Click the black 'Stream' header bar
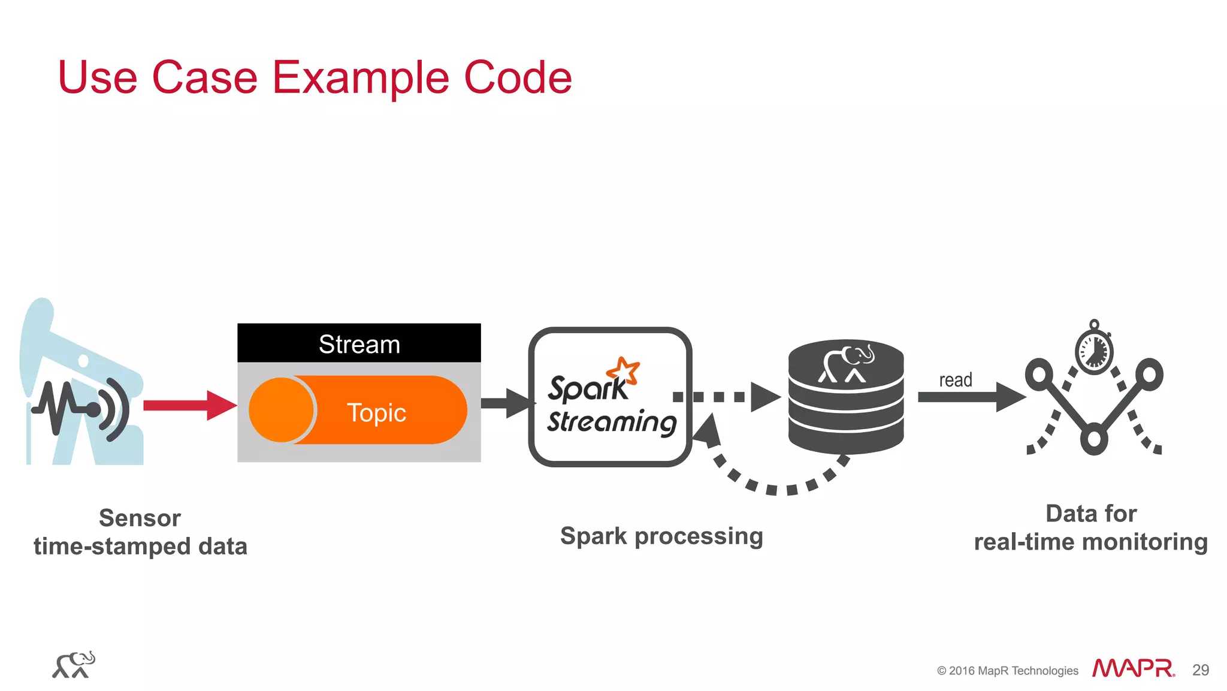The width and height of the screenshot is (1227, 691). coord(359,344)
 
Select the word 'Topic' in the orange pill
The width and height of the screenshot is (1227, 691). coord(376,413)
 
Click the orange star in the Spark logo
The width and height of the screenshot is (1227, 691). coord(624,371)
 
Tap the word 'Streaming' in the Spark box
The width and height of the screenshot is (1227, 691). coord(611,422)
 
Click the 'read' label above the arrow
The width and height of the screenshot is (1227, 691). coord(955,380)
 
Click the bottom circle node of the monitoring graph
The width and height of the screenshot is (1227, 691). coord(1094,439)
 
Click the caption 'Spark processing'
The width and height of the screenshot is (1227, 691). coord(661,536)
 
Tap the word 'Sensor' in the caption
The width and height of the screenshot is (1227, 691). coord(140,518)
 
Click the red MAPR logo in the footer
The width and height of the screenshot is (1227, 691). coord(1132,668)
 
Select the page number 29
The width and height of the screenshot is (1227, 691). coord(1200,670)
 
